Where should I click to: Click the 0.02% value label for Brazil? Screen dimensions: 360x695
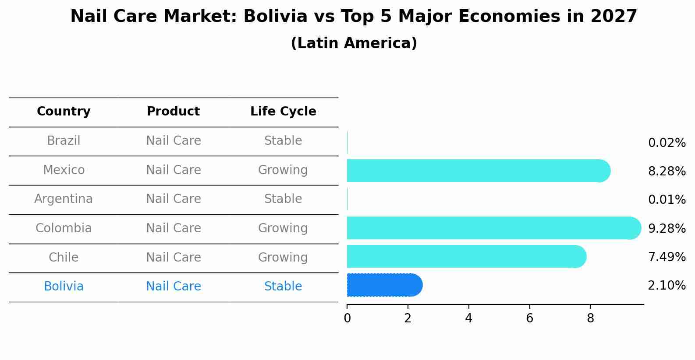[x=667, y=143]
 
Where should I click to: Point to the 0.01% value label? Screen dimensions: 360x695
[x=667, y=200]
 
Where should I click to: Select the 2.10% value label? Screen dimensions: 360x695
[x=667, y=286]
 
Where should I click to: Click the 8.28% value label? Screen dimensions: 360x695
[x=667, y=171]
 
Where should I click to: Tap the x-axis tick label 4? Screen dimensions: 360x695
[x=468, y=318]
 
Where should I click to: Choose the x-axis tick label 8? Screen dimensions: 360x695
[x=590, y=318]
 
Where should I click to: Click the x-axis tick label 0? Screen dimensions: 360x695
[x=347, y=318]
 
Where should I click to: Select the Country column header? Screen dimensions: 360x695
[x=64, y=112]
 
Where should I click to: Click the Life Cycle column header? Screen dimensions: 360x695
[x=283, y=112]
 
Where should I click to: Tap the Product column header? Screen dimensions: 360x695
[x=173, y=112]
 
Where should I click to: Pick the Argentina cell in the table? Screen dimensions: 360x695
[x=64, y=199]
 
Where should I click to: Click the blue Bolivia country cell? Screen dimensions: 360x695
[x=64, y=287]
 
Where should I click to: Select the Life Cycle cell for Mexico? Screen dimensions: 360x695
[x=283, y=170]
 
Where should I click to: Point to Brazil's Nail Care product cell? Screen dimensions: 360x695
[x=173, y=141]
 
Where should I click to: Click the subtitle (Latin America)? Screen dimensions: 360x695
[x=354, y=43]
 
